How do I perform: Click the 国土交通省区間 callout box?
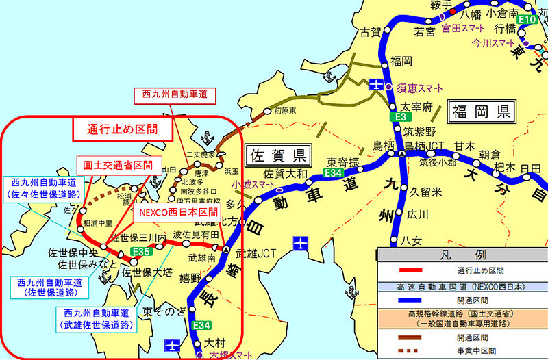112,165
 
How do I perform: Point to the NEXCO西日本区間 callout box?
174,212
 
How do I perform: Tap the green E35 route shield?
141,253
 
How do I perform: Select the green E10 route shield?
527,20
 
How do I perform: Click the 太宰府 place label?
417,107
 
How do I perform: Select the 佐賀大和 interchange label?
286,173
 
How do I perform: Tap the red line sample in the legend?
407,272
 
